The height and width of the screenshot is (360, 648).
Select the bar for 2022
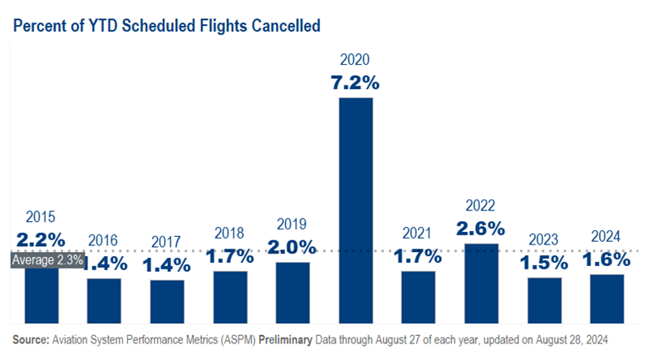coord(481,284)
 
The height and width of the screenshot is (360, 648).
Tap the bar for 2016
coord(104,300)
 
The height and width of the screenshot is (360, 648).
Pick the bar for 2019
coord(292,292)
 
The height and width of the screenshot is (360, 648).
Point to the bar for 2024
coord(607,298)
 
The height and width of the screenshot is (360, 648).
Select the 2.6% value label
coord(481,228)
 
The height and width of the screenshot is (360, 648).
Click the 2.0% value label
coord(292,246)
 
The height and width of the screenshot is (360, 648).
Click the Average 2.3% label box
coord(47,259)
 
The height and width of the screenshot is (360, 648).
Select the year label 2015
coord(41,218)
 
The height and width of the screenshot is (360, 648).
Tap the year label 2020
coord(355,60)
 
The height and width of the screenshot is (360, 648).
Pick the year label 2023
coord(544,240)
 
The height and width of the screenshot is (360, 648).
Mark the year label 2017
coord(166,243)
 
